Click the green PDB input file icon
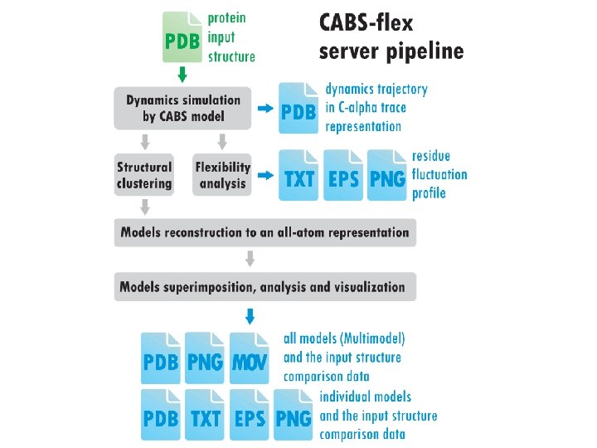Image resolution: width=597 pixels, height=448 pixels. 182,38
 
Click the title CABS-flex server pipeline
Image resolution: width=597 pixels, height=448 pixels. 391,37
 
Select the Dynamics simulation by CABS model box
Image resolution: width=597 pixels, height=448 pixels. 182,108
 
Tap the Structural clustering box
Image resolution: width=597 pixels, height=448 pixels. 143,175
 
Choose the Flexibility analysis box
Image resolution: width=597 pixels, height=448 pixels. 222,175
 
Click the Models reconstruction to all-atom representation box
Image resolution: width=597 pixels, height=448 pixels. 265,232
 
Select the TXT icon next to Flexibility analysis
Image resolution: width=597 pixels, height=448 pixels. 299,175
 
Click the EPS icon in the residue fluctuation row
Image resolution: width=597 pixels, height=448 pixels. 343,175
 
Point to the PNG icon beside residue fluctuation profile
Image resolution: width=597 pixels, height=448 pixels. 387,175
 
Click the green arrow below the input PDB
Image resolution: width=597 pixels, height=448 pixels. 183,75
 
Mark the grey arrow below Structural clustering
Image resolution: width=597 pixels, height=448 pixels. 144,206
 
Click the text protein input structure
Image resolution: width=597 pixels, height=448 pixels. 231,37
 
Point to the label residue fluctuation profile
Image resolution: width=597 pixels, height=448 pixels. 439,175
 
